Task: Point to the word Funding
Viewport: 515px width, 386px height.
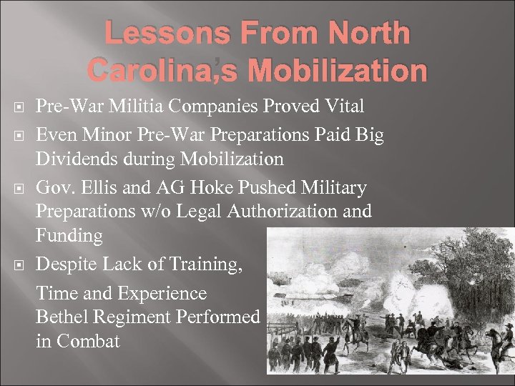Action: (x=69, y=236)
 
